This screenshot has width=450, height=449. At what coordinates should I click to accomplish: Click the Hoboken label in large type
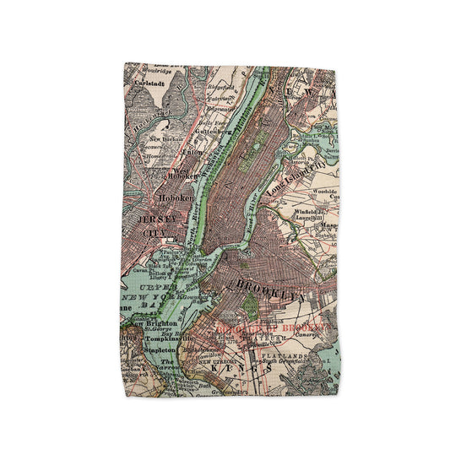coord(175,199)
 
